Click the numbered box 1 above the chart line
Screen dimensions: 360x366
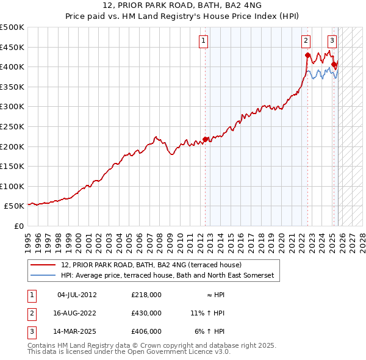(x=203, y=41)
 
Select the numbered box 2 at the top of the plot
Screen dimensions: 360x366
(x=306, y=41)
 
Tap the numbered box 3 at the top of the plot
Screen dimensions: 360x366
(x=332, y=41)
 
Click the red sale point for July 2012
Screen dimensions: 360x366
(x=206, y=139)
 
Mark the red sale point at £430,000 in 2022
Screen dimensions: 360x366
(x=307, y=55)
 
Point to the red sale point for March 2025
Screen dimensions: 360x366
(x=334, y=64)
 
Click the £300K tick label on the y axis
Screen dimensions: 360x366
(x=12, y=107)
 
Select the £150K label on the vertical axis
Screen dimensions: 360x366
(x=12, y=166)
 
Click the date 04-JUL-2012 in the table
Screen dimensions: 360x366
(x=77, y=295)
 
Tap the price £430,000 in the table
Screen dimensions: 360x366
(x=146, y=313)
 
